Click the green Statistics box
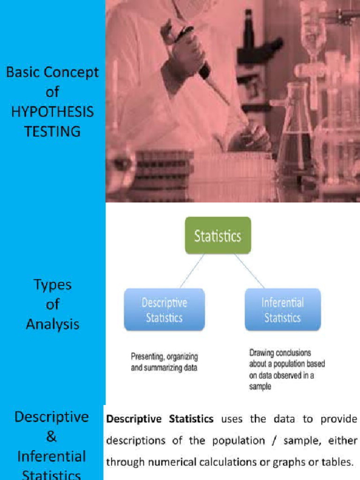click(x=218, y=235)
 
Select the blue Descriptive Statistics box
click(x=164, y=310)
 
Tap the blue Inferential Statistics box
click(x=283, y=310)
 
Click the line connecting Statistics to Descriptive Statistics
click(x=192, y=271)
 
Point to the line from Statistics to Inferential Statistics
click(x=249, y=271)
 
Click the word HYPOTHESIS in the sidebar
click(x=52, y=112)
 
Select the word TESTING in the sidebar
click(x=52, y=131)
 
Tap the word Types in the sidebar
click(x=52, y=285)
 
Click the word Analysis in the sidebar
click(x=52, y=324)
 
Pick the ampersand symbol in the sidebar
click(x=52, y=437)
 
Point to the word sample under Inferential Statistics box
click(x=260, y=387)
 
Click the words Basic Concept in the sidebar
click(x=52, y=73)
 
